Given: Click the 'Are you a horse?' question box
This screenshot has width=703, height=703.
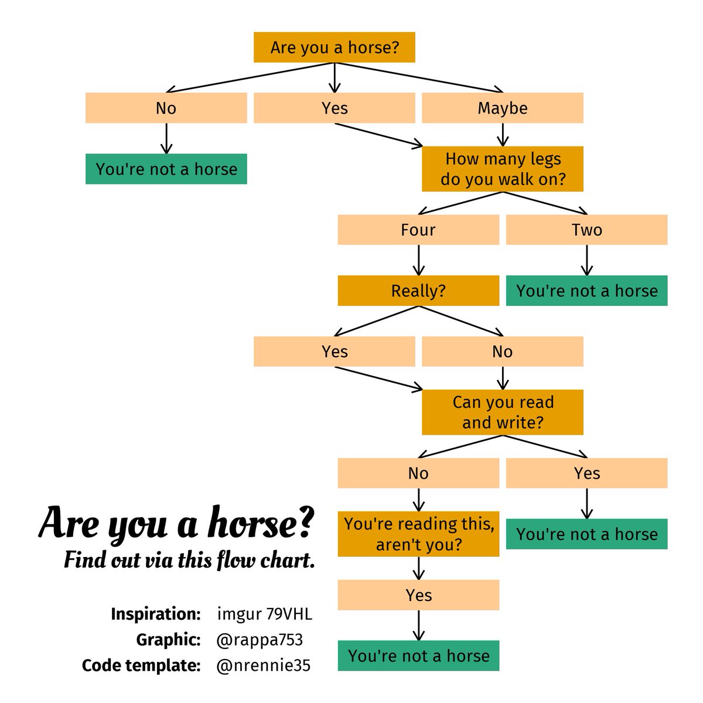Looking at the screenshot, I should tap(335, 47).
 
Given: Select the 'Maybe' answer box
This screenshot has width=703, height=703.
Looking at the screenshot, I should tap(503, 108).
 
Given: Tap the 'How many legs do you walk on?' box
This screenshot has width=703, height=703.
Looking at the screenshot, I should tap(503, 169).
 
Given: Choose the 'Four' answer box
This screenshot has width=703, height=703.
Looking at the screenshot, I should tap(418, 230).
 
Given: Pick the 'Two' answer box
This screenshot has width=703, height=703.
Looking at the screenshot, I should tap(586, 230).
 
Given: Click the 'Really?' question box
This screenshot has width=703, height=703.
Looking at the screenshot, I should tap(418, 291).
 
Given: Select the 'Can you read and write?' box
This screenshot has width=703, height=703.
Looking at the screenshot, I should tap(503, 412).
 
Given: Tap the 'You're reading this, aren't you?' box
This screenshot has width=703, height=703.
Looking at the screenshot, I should tap(418, 534).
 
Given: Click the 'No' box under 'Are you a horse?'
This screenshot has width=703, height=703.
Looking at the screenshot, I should tap(166, 108).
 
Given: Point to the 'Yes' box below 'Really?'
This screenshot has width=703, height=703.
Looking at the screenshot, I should tap(335, 351).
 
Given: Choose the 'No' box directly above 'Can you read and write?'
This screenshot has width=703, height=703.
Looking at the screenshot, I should tap(503, 351).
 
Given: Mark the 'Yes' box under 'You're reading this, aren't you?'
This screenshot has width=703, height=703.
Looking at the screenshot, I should tap(418, 595).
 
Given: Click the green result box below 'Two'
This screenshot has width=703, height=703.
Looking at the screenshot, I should tap(586, 291).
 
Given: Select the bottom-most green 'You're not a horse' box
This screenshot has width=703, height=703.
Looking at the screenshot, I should tap(418, 656).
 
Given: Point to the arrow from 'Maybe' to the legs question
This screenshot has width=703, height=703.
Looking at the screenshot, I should tap(503, 135).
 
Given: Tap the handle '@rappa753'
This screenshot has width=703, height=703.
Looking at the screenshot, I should tap(260, 640).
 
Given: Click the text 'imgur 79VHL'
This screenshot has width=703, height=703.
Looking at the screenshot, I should tap(264, 614).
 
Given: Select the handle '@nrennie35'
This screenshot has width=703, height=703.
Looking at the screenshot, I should tap(263, 666).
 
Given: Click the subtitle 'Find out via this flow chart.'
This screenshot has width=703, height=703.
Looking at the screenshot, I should tap(189, 560).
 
